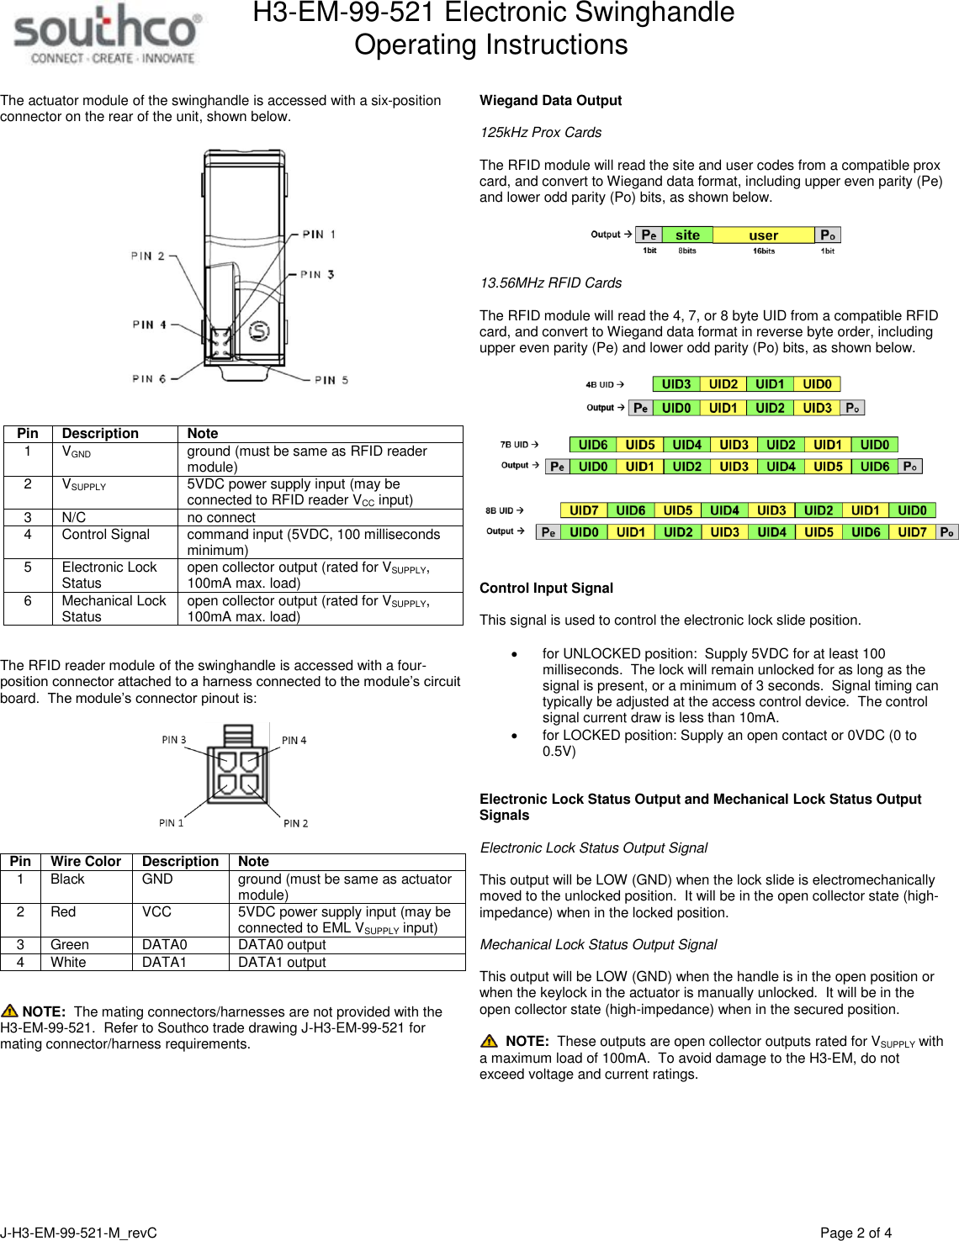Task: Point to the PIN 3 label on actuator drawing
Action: coord(319,274)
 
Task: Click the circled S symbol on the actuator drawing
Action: coord(259,330)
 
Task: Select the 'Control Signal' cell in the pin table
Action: coord(106,535)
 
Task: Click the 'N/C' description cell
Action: coord(74,518)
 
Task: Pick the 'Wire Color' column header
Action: coord(86,862)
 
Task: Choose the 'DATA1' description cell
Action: coord(164,962)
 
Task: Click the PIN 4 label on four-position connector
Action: coord(294,741)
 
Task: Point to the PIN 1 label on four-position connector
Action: coord(172,823)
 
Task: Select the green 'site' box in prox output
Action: coord(687,235)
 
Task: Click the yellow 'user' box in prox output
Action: coord(763,235)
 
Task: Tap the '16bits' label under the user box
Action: coord(764,251)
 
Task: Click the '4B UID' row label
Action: coord(601,385)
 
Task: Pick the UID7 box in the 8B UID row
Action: coord(584,510)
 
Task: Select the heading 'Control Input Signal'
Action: coord(546,589)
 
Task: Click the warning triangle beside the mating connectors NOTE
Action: coord(10,1011)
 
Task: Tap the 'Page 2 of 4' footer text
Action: coord(856,1233)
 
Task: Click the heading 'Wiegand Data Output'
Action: coord(550,101)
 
